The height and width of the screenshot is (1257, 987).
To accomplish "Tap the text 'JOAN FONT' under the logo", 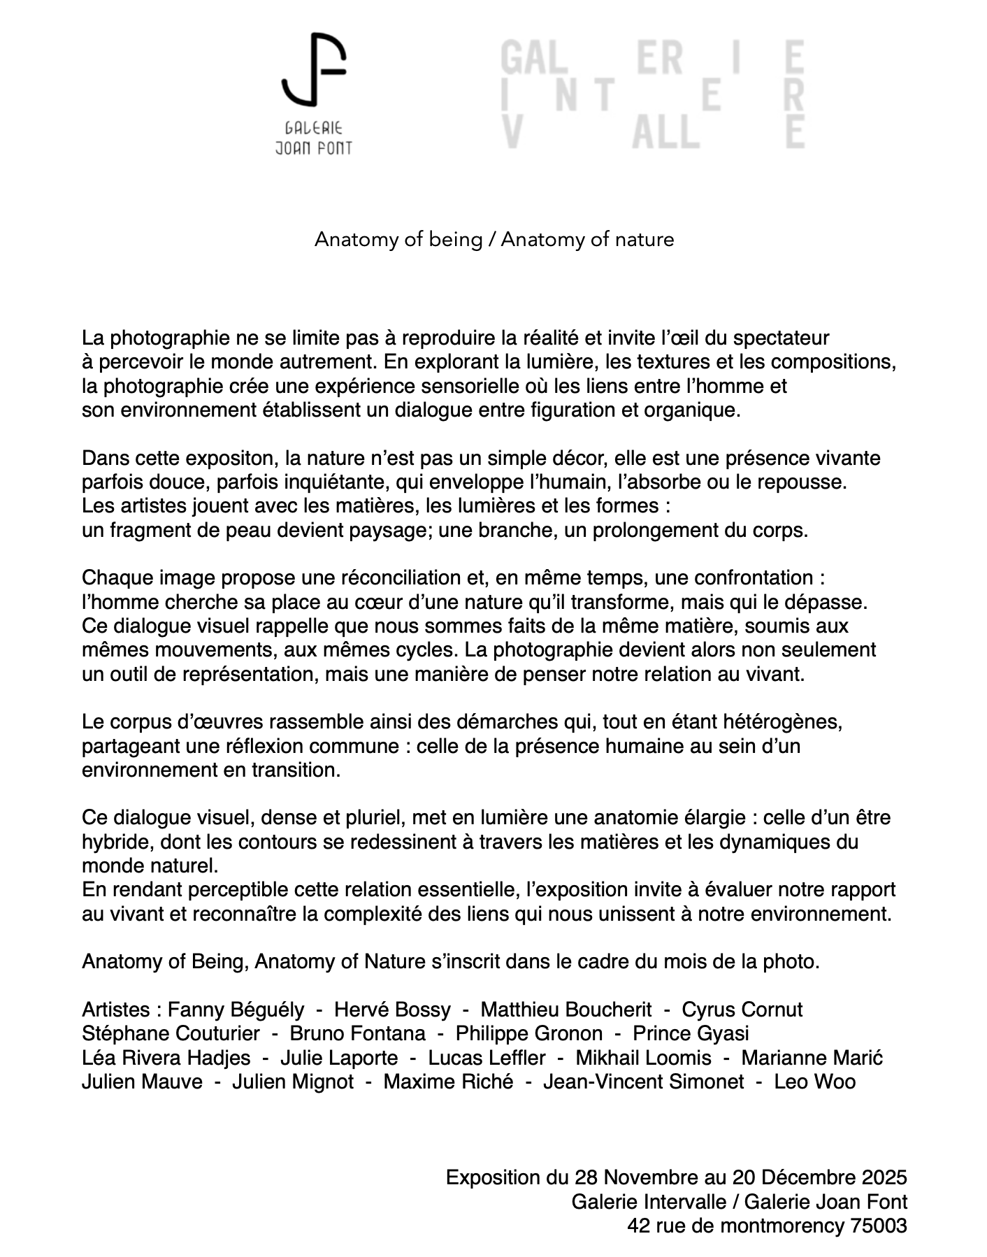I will pos(314,148).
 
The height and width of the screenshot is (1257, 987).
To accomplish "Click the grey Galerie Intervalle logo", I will pos(653,95).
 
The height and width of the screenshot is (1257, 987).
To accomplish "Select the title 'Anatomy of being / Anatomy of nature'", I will pos(494,240).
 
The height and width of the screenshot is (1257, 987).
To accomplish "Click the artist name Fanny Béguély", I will pos(236,1010).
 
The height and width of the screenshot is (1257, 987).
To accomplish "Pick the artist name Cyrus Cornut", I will pos(742,1010).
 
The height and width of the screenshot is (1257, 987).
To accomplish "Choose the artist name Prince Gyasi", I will pos(691,1033).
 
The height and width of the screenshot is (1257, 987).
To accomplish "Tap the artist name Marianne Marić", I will pos(812,1058).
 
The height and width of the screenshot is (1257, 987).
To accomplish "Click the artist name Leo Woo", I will pos(814,1082).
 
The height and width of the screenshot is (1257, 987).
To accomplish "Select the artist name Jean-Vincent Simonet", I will pos(643,1082).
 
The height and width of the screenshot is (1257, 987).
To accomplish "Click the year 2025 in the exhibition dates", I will pos(884,1177).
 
